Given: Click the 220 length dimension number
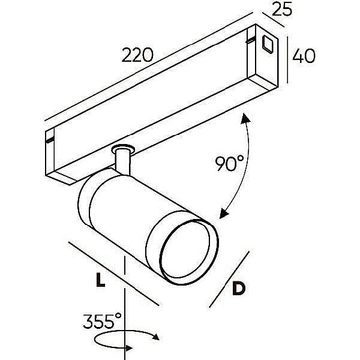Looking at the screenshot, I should tap(137, 55).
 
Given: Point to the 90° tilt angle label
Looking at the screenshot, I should tap(229, 163).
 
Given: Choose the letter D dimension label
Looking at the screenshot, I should tap(238, 289).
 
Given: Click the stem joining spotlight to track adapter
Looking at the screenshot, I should tap(124, 162).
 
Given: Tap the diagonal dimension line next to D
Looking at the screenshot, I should tap(229, 278).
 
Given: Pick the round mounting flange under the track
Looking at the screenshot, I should tap(124, 148).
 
